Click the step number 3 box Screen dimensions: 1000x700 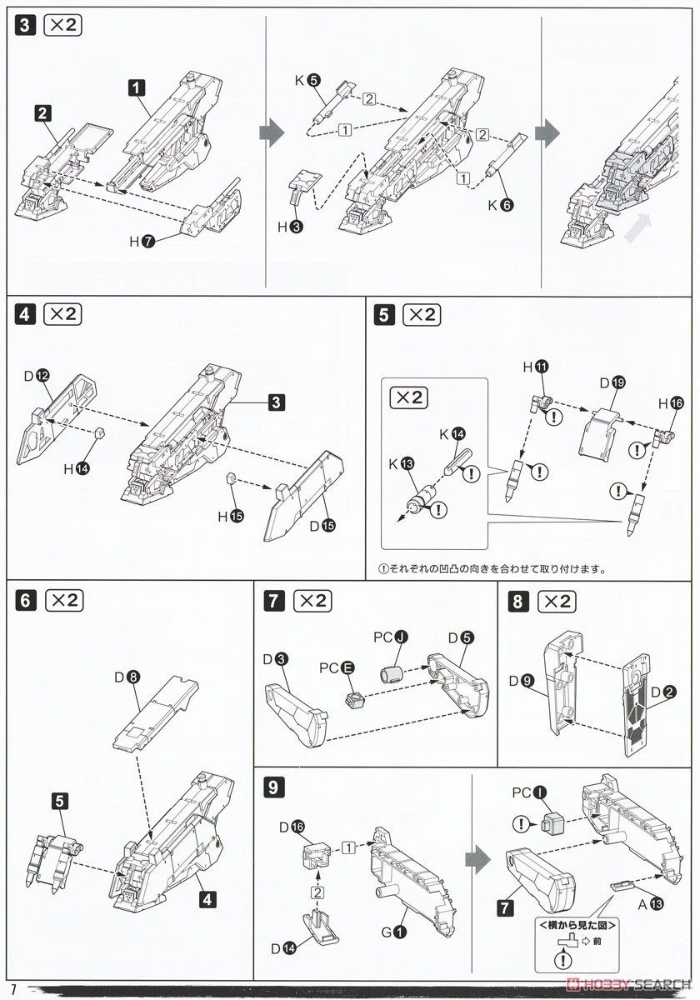point(26,26)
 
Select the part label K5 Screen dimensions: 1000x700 point(307,81)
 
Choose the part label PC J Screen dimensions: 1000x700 point(388,638)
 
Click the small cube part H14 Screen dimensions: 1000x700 point(99,432)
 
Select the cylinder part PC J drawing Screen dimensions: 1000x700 point(391,672)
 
